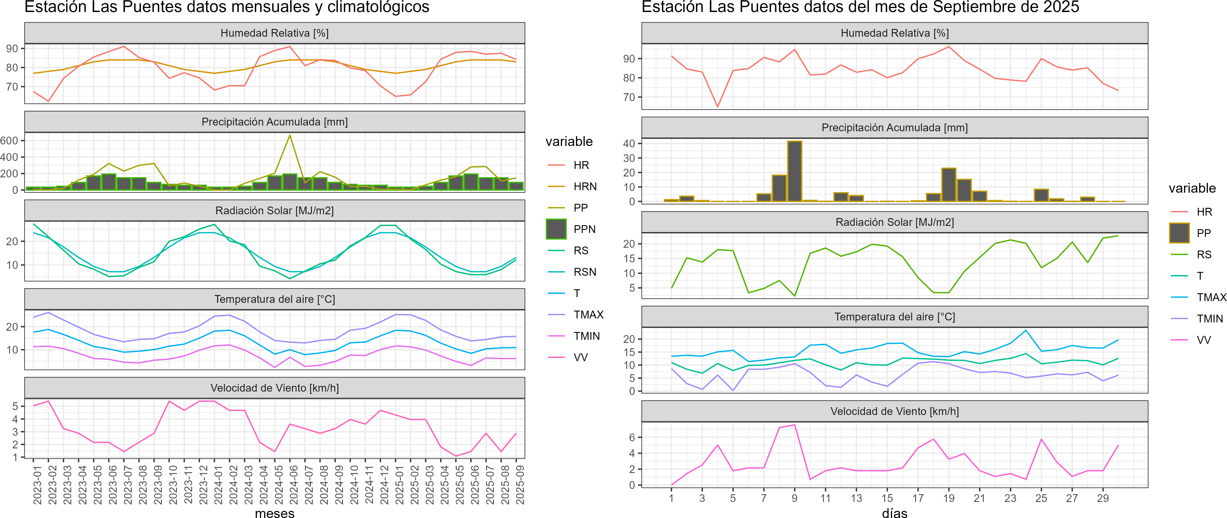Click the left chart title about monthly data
point(227,7)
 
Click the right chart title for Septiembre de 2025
point(860,7)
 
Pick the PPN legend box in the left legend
point(556,229)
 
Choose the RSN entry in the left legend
point(585,272)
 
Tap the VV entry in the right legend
point(1204,340)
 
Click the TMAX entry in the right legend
point(1211,297)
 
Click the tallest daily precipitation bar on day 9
point(795,171)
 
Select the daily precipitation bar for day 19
point(949,185)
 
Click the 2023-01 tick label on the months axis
point(37,485)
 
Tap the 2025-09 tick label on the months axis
point(520,485)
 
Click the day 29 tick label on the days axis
point(1103,498)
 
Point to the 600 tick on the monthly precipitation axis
point(10,140)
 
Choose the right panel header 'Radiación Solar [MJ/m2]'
point(894,222)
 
